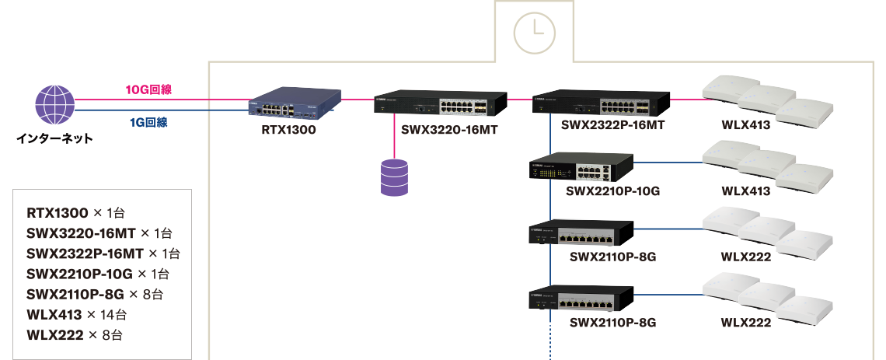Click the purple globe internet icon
(55, 105)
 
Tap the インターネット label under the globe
(54, 138)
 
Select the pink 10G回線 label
(148, 89)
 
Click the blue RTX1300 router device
(295, 103)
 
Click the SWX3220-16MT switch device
(438, 103)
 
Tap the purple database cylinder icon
(394, 177)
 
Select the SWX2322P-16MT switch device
(601, 103)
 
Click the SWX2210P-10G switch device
(581, 166)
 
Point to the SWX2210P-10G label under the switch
(613, 191)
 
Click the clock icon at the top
(535, 33)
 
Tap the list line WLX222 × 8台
(74, 335)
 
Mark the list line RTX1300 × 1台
(75, 213)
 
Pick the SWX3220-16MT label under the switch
(449, 130)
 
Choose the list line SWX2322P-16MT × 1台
(103, 253)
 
